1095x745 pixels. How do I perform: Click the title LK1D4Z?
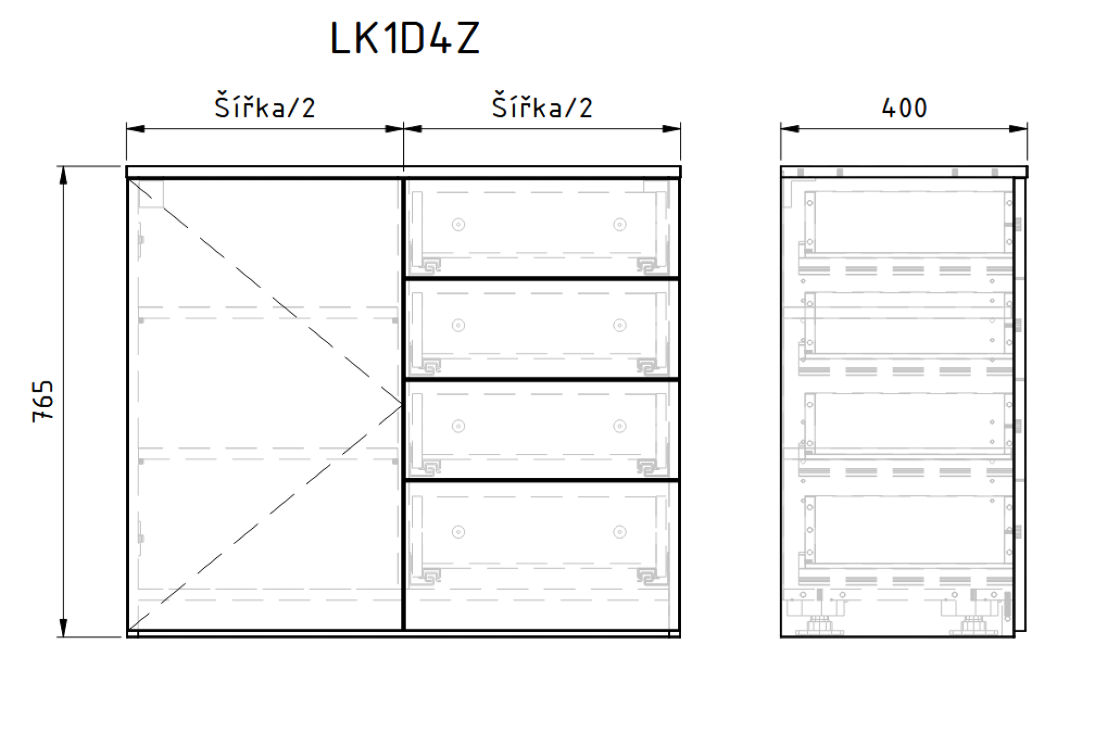[405, 38]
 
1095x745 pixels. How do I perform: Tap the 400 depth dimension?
[904, 108]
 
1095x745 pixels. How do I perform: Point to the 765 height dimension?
[43, 401]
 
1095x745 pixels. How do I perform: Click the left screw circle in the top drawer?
[458, 224]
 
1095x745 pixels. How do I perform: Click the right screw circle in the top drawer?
[619, 224]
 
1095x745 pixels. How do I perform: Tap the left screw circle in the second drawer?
[458, 326]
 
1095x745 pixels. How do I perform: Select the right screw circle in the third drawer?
[619, 426]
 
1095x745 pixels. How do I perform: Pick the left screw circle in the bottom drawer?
[458, 532]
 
